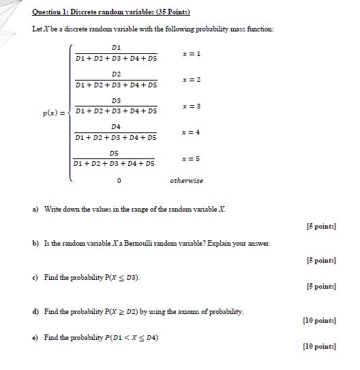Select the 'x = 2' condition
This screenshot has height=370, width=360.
(x=192, y=80)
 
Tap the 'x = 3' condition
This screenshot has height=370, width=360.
(x=192, y=106)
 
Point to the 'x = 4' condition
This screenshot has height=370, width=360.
(x=192, y=132)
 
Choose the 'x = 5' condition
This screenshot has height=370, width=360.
(x=191, y=158)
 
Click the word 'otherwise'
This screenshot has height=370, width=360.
(x=186, y=181)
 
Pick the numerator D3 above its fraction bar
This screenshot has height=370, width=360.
(x=116, y=100)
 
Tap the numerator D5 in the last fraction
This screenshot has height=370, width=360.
(x=114, y=154)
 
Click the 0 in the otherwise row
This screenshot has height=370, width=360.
(x=119, y=182)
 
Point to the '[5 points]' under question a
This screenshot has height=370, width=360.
(x=321, y=226)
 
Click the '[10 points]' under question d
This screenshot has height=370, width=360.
(x=319, y=319)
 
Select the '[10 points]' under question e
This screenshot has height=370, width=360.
(x=319, y=347)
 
